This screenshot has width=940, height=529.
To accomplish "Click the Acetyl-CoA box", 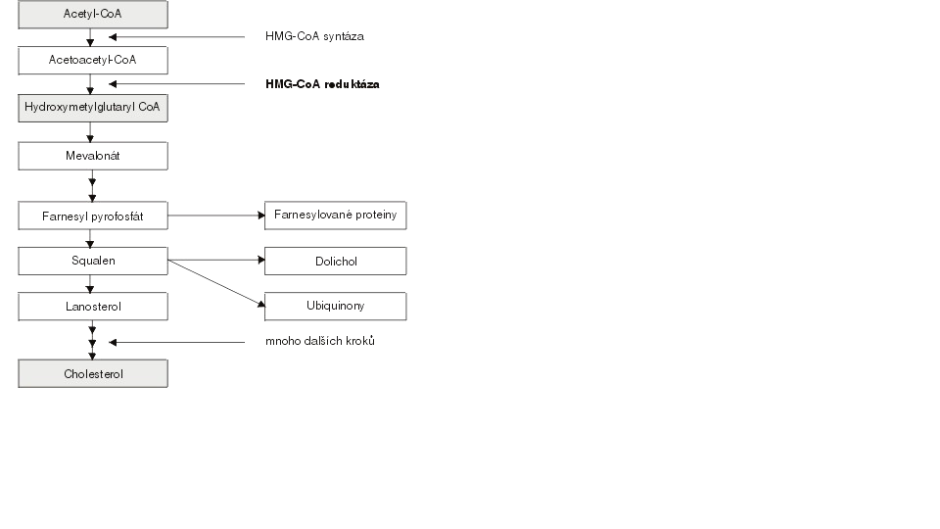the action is tap(93, 15).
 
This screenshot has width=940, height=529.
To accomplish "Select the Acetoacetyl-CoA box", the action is tap(93, 61).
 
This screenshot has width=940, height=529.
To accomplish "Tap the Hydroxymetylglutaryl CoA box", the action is tap(93, 108).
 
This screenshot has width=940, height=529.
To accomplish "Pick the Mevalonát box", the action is tap(93, 156).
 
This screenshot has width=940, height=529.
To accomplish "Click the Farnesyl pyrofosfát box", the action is tap(93, 216).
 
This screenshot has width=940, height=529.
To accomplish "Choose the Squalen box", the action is tap(93, 261).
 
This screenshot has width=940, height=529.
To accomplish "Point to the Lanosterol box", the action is tap(93, 307).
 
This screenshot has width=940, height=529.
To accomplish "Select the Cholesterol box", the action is tap(93, 373).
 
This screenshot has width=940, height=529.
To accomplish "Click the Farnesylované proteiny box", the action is tap(335, 216).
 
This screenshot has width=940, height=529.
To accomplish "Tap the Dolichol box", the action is tap(335, 261).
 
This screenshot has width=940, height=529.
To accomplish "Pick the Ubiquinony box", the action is tap(335, 307).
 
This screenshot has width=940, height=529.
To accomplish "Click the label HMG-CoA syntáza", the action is tap(314, 36).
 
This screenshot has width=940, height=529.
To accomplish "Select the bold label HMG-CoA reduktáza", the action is tap(322, 84).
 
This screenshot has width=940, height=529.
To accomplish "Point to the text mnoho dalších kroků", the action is tap(320, 341).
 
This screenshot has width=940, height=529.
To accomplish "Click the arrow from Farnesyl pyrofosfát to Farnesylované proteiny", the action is tap(216, 216).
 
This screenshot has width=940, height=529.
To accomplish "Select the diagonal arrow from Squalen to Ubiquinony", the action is tap(216, 283).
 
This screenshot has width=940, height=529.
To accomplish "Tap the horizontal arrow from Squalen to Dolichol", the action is tap(216, 260).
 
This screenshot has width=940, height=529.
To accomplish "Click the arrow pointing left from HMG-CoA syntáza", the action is tap(177, 37).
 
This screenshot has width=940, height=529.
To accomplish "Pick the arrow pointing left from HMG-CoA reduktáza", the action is tap(177, 84).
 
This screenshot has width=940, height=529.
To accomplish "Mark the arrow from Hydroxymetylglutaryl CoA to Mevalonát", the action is tap(90, 132).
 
